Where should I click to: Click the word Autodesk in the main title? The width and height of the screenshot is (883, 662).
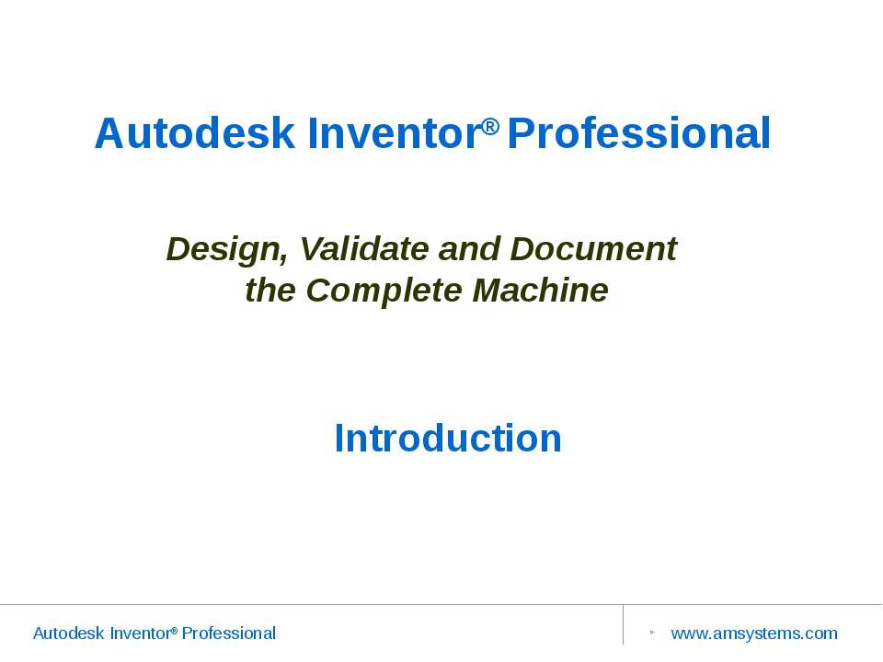(x=195, y=133)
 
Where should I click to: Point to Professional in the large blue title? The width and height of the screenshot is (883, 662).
(x=638, y=133)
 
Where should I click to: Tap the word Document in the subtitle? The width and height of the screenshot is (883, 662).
(x=593, y=248)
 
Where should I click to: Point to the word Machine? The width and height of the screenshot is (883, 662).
(x=540, y=291)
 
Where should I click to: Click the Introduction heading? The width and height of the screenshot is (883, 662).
(x=448, y=438)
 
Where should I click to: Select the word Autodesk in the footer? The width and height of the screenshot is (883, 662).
(x=68, y=633)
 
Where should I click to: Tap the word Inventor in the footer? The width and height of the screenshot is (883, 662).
(x=139, y=633)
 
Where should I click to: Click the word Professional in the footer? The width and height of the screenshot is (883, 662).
(x=228, y=633)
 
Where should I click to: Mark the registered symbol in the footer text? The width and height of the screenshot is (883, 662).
(x=174, y=630)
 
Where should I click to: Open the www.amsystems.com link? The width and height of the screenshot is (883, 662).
(x=754, y=633)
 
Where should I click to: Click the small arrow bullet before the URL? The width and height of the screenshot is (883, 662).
(x=651, y=633)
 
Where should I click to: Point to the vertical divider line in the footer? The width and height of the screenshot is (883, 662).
(x=623, y=625)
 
